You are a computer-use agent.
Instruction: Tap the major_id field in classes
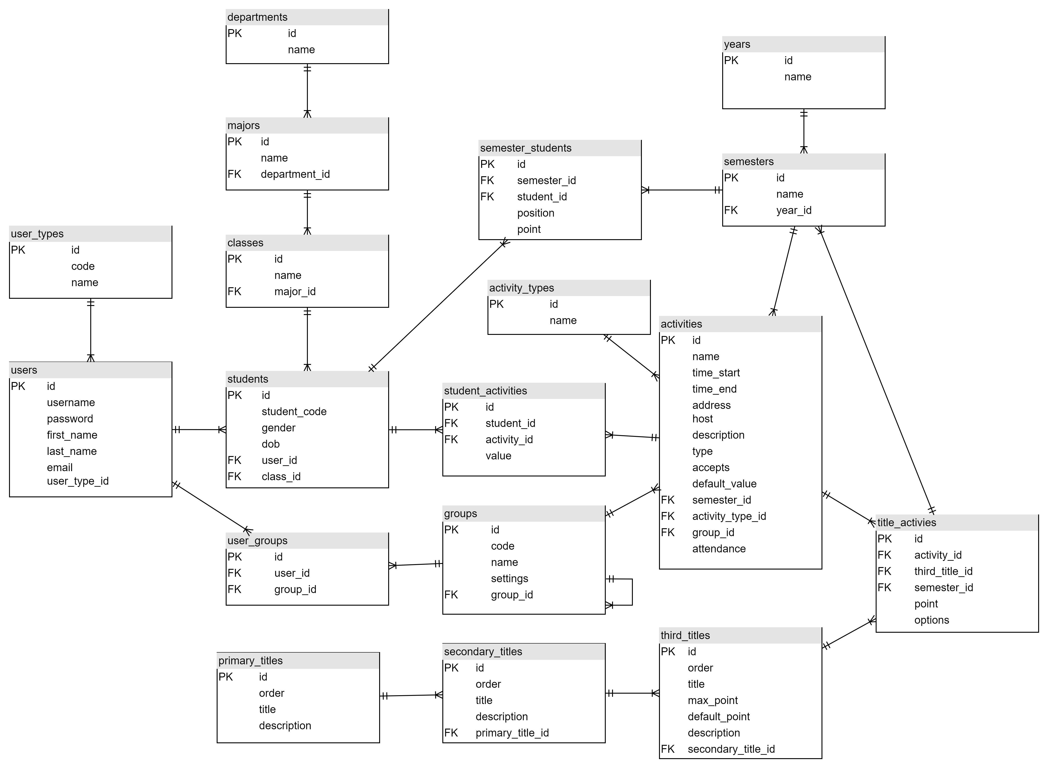[295, 291]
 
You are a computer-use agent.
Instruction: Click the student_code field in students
[294, 412]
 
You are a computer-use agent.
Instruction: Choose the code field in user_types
[83, 266]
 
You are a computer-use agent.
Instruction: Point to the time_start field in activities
[716, 373]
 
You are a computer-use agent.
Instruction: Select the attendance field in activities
[718, 549]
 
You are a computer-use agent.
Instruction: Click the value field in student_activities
[498, 456]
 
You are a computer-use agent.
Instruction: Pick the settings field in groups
[509, 579]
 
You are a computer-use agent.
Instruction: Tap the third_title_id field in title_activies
[943, 571]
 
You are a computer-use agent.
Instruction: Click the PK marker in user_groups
[235, 557]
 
